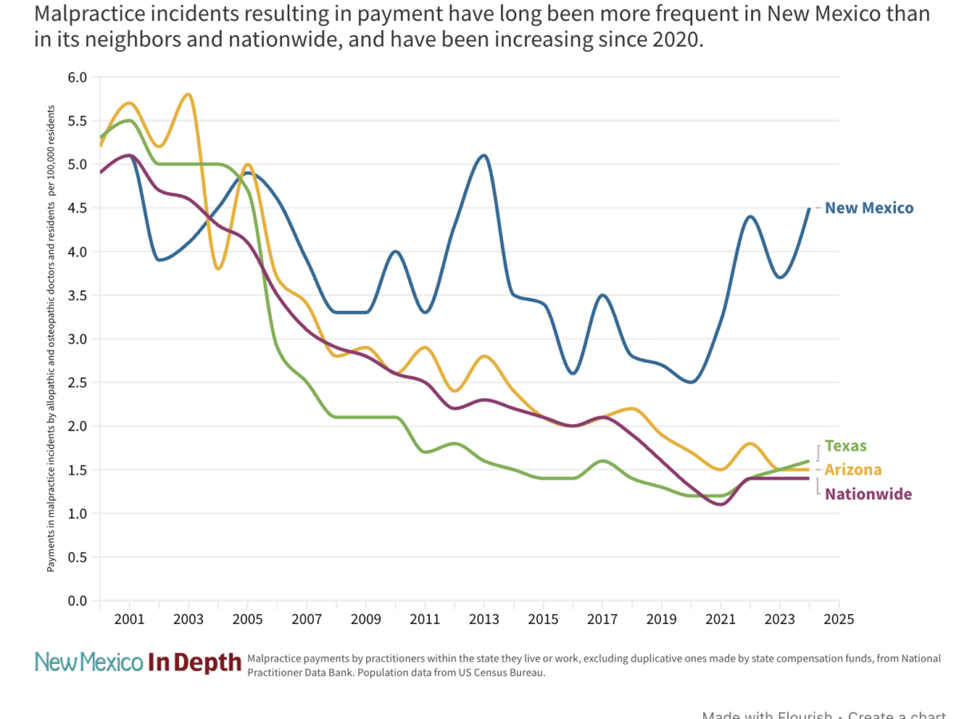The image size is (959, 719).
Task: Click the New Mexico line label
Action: [869, 209]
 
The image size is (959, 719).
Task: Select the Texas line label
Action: [846, 446]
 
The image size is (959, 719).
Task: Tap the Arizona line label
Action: [853, 470]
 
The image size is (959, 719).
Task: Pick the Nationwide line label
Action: [868, 495]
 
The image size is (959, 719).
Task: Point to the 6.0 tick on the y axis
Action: [78, 77]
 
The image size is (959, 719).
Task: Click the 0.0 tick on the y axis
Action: [78, 601]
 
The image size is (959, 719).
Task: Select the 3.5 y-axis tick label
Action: [78, 296]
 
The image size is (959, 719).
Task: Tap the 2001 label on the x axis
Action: [129, 619]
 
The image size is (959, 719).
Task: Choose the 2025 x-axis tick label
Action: [839, 619]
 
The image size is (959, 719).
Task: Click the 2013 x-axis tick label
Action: [484, 619]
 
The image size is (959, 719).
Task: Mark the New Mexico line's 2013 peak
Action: [484, 156]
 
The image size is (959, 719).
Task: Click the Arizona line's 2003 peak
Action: [188, 95]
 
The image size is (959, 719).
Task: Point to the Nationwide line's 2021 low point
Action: [721, 504]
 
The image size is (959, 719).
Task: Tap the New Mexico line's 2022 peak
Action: [750, 216]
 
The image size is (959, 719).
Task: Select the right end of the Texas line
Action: [809, 461]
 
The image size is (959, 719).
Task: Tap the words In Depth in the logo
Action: [194, 662]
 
